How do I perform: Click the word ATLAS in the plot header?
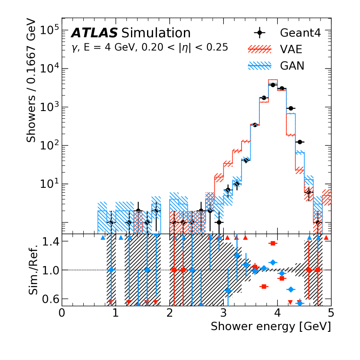(x=95, y=33)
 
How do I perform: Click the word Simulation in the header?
(x=156, y=33)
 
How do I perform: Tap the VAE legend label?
(x=291, y=49)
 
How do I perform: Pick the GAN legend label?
(x=292, y=66)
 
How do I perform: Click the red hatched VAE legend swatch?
(x=259, y=49)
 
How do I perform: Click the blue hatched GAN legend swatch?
(x=259, y=66)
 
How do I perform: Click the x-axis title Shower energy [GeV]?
(x=271, y=326)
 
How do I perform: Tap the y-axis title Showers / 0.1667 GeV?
(x=32, y=80)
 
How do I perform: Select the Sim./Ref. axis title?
(x=35, y=269)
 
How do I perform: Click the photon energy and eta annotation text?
(x=149, y=48)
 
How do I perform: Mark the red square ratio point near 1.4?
(x=273, y=243)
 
